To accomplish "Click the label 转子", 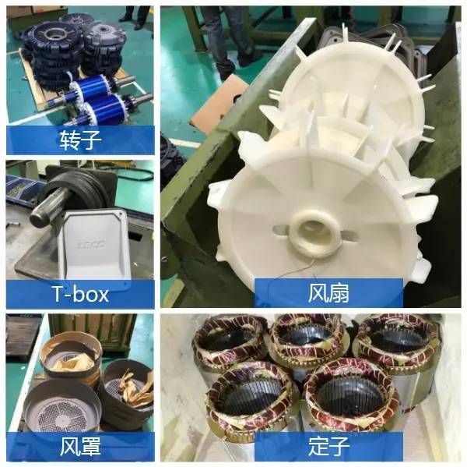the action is click(x=80, y=140).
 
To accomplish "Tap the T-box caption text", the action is click(x=80, y=294).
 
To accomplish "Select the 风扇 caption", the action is click(x=328, y=292).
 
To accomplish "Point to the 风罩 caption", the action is click(x=80, y=446).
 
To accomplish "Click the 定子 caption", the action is click(x=328, y=446).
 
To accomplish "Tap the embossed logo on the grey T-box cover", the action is click(x=90, y=246).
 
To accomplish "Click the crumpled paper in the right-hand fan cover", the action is click(x=138, y=387).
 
